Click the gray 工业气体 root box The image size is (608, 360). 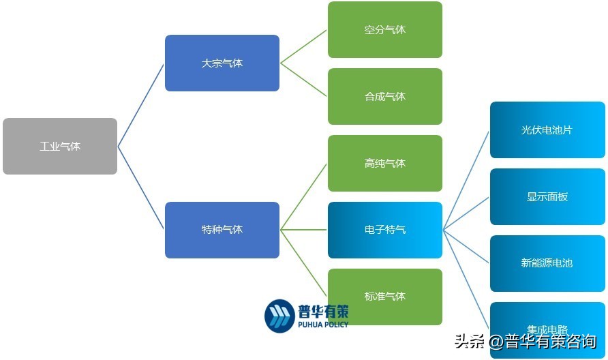[60, 147]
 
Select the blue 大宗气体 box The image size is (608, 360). [222, 63]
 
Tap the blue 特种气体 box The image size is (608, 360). [222, 230]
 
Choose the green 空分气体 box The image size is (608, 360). [385, 30]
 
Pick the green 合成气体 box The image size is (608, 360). [385, 97]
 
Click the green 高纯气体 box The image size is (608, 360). [385, 164]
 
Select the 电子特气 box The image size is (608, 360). [385, 230]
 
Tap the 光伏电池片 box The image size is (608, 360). [547, 130]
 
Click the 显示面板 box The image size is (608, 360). [547, 196]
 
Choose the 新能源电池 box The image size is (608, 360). [547, 263]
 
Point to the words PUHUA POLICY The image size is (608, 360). [323, 325]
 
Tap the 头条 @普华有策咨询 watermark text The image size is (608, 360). [526, 342]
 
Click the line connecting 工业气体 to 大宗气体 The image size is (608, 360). [141, 105]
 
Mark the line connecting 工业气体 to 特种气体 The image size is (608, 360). [141, 187]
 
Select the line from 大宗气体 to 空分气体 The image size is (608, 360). [304, 46]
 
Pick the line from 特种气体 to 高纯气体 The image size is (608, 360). [304, 196]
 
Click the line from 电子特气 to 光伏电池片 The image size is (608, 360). [466, 180]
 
